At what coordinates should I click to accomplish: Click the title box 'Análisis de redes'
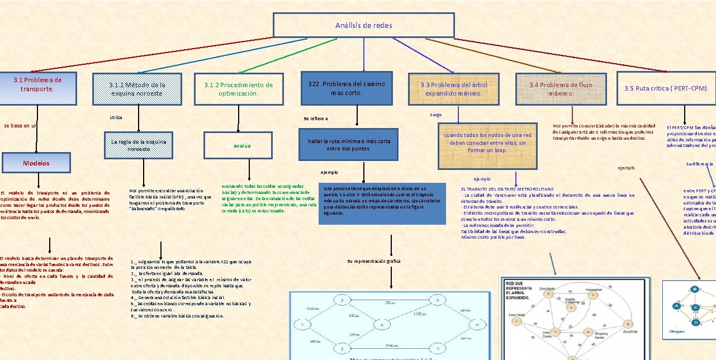(x=363, y=25)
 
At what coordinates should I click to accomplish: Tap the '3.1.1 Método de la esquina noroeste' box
(x=137, y=89)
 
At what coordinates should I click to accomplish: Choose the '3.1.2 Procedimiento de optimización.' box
(x=238, y=89)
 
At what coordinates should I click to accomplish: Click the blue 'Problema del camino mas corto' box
(x=347, y=88)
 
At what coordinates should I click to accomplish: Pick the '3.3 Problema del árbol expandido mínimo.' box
(x=453, y=89)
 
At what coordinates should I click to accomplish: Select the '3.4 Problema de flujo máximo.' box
(x=561, y=89)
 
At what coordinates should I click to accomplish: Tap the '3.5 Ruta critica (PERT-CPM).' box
(x=666, y=88)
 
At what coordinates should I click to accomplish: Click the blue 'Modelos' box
(x=36, y=163)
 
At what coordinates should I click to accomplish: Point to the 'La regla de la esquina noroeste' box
(x=138, y=145)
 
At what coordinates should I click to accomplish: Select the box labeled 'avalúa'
(x=238, y=145)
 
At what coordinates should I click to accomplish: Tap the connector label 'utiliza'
(x=116, y=117)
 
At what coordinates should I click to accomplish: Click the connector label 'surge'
(x=436, y=115)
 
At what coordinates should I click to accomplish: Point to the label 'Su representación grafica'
(x=373, y=261)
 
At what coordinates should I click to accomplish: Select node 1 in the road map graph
(x=302, y=325)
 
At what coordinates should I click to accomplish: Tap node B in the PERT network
(x=695, y=289)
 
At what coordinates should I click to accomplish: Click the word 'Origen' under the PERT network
(x=677, y=331)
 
